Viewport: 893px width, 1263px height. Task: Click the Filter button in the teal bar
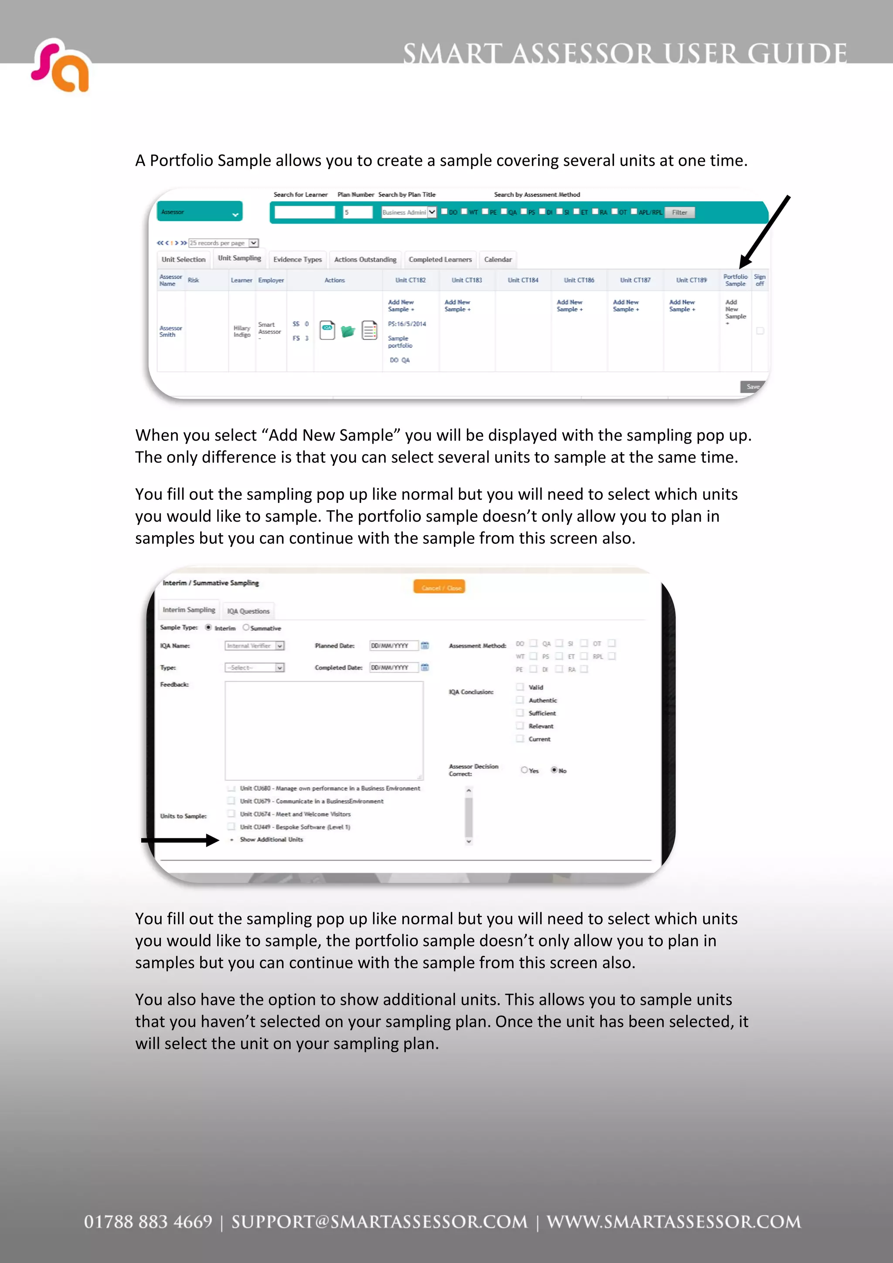point(679,212)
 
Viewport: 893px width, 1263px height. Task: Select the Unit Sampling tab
point(239,258)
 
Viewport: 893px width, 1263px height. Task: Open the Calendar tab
point(498,260)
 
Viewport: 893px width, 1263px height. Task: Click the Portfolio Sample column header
point(735,280)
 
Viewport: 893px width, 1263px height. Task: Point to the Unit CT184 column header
point(523,280)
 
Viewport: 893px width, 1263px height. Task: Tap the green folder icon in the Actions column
point(348,331)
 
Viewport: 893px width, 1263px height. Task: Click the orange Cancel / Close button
point(440,587)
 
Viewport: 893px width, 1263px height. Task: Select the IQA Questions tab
point(248,611)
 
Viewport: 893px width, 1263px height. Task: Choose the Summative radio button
point(246,628)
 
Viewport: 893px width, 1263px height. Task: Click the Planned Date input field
point(393,646)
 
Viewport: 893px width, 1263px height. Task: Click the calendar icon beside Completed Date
point(425,667)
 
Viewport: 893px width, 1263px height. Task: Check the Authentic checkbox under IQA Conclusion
point(520,700)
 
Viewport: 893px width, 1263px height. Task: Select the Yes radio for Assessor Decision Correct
point(525,770)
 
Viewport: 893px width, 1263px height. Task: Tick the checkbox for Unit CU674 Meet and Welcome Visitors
point(232,814)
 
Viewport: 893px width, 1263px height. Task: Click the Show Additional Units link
point(271,839)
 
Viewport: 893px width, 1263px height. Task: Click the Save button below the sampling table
point(752,387)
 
